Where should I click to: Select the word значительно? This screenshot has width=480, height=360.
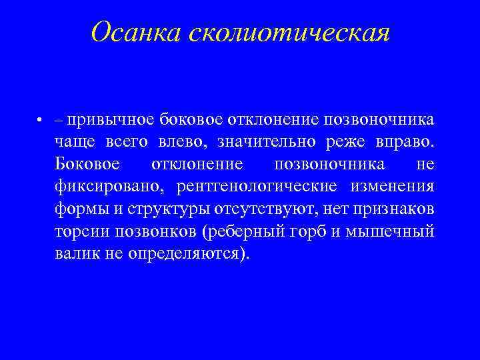click(x=267, y=142)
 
